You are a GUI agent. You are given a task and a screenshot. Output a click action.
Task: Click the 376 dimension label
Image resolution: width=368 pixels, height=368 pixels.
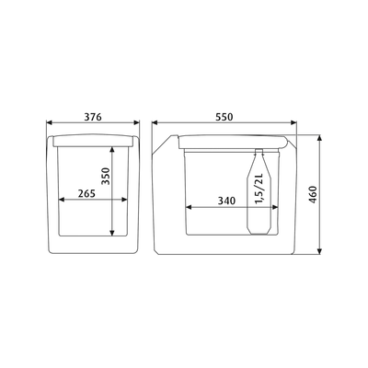pos(93,117)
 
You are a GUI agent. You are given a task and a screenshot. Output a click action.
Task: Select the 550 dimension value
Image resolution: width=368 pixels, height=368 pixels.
pos(224,117)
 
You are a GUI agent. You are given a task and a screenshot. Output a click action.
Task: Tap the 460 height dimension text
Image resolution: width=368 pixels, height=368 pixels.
pos(313,195)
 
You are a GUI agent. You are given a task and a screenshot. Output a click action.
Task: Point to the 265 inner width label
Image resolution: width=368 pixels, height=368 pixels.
pos(86,193)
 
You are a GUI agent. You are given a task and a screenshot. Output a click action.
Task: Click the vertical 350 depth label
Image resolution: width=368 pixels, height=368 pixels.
pos(106,176)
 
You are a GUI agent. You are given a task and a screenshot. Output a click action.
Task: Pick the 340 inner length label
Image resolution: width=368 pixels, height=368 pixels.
pos(226,201)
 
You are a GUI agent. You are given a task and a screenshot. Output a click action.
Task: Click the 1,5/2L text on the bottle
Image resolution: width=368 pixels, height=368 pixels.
pos(259,189)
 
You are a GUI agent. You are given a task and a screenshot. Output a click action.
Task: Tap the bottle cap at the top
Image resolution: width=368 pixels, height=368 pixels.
pos(259,151)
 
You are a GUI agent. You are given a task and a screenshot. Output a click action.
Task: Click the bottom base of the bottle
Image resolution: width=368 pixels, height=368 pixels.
pos(259,232)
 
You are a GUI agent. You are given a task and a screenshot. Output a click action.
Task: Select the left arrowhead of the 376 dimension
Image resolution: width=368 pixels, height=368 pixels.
pos(50,122)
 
